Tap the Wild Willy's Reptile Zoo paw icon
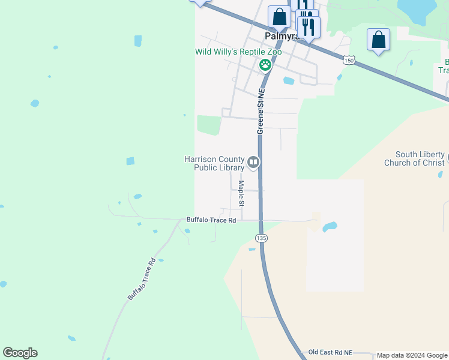[x=264, y=64]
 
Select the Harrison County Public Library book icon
[x=253, y=162]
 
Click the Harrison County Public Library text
[x=214, y=163]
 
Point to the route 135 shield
[x=261, y=238]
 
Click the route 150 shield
[x=349, y=60]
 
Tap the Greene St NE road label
[x=261, y=112]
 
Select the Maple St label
[x=241, y=193]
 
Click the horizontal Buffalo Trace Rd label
[x=211, y=220]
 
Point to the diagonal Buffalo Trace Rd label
[x=142, y=279]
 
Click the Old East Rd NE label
[x=330, y=352]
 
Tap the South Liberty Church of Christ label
[x=420, y=158]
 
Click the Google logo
[x=20, y=353]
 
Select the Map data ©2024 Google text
[x=412, y=356]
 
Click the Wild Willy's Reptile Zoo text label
[x=238, y=52]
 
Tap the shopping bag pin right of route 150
[x=378, y=40]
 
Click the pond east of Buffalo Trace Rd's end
[x=329, y=227]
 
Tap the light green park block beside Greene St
[x=209, y=125]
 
